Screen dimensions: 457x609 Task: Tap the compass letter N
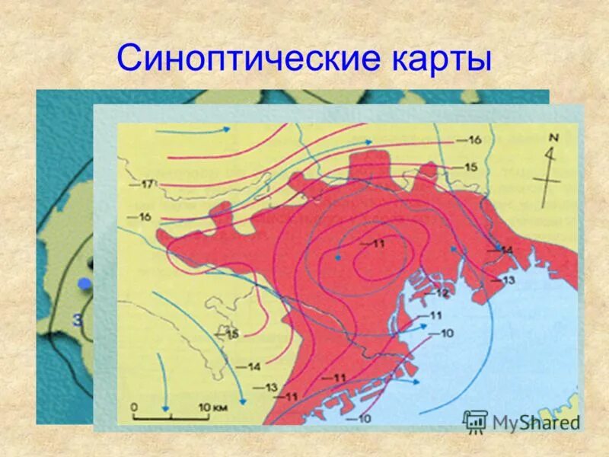click(553, 139)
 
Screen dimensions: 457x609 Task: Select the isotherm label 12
click(442, 293)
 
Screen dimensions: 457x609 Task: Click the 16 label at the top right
click(473, 139)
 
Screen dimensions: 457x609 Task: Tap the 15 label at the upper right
click(469, 167)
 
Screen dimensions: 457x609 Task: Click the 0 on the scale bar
click(133, 407)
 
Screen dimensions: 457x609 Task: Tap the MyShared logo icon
click(475, 420)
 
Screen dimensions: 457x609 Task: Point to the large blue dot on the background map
click(85, 284)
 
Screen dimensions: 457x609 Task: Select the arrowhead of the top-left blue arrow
click(227, 130)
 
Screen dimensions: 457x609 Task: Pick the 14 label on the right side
click(507, 251)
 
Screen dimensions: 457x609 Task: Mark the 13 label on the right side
click(509, 280)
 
